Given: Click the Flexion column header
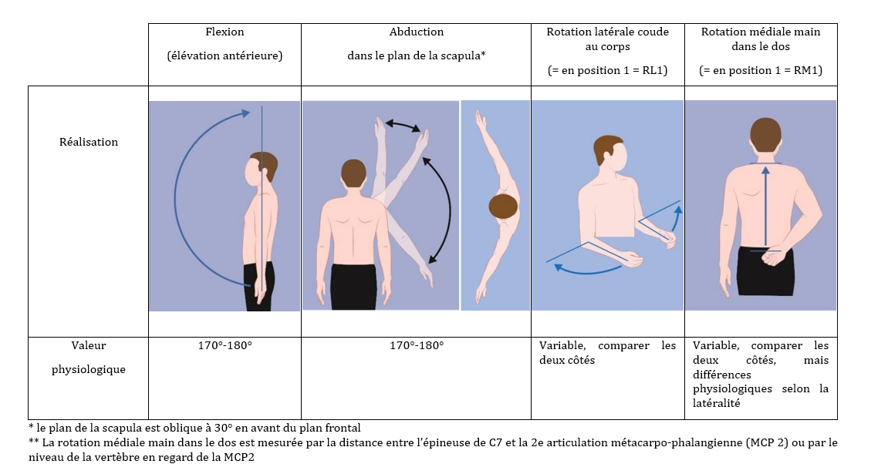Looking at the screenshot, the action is (x=225, y=32).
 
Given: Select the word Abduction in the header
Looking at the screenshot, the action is (x=416, y=32).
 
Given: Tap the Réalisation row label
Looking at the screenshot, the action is (x=88, y=142).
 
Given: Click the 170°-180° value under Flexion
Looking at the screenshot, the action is (x=225, y=345).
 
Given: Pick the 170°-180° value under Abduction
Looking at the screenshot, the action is (x=416, y=345).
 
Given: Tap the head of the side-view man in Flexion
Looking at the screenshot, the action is (x=262, y=166).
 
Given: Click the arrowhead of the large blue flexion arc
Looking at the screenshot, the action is (x=243, y=113).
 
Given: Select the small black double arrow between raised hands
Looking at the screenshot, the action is (x=403, y=125).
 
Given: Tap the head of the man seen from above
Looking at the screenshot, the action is (x=503, y=207).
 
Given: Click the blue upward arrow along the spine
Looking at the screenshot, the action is (x=765, y=205).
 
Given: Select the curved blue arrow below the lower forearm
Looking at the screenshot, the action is (x=587, y=270).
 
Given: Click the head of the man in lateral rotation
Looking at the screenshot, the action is (x=610, y=153).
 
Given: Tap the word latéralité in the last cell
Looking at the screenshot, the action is (x=716, y=404).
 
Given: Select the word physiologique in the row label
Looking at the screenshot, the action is (x=88, y=370).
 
